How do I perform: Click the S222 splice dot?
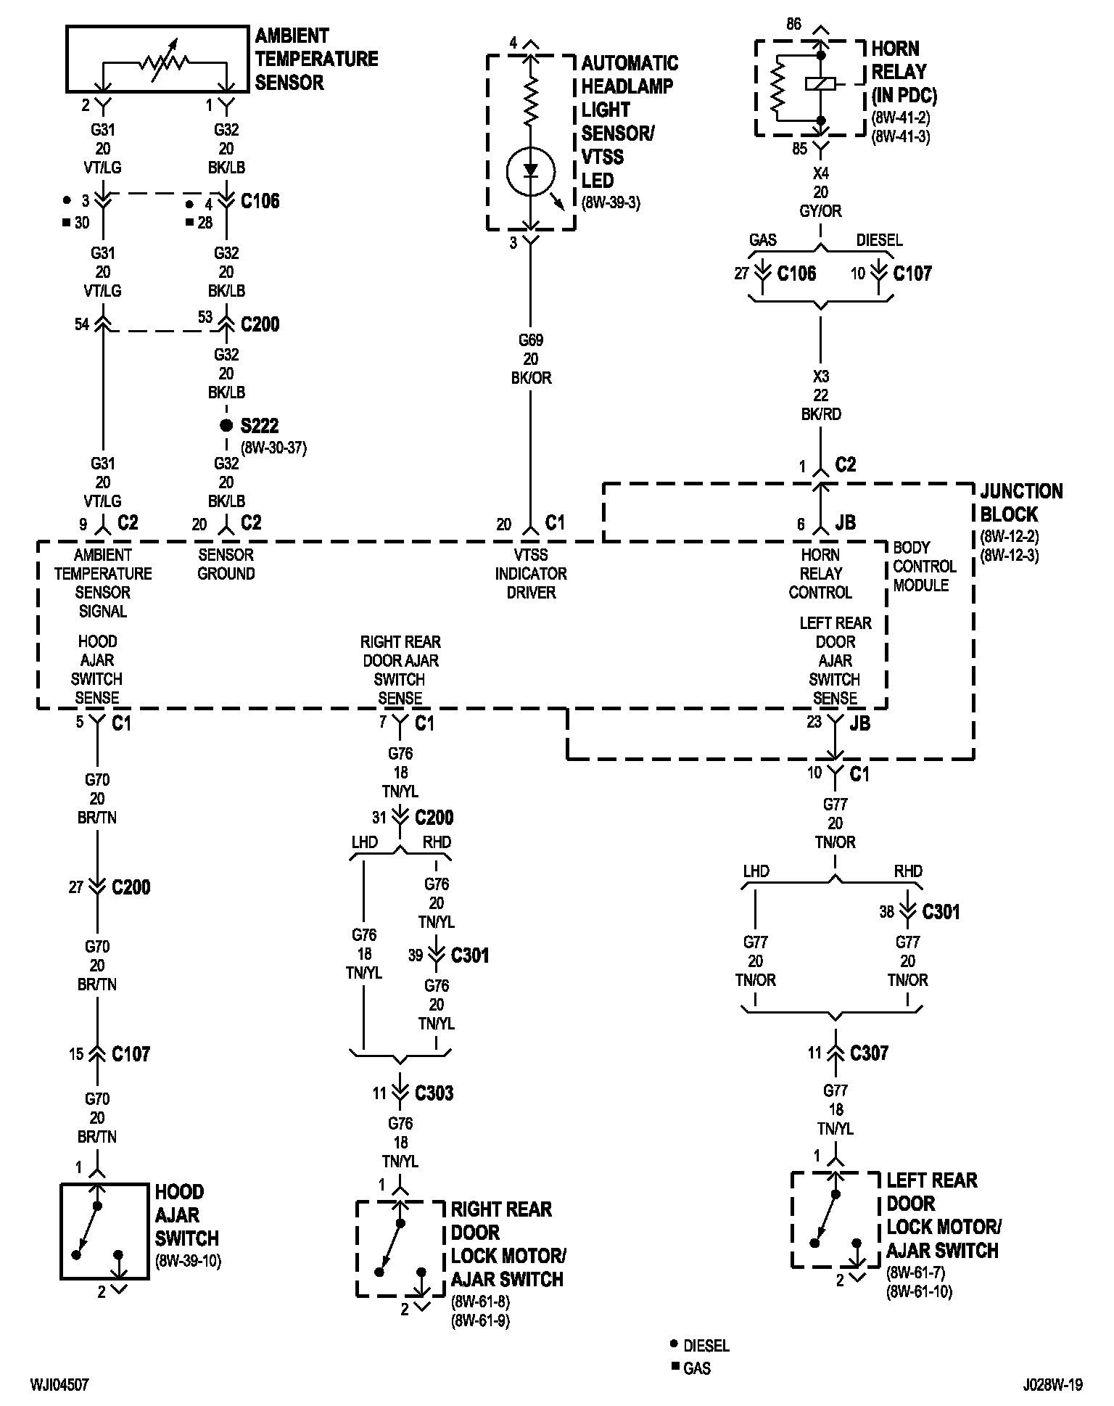[x=226, y=425]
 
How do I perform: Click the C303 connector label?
[x=434, y=1093]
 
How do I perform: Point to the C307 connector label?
[x=869, y=1053]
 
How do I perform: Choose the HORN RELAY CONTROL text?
[x=820, y=574]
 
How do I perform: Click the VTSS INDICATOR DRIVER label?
[x=531, y=574]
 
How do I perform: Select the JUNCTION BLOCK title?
[x=1021, y=503]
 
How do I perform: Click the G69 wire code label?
[x=531, y=340]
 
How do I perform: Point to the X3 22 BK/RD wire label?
[x=821, y=395]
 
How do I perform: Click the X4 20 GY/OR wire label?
[x=821, y=192]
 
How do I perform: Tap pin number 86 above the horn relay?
[x=793, y=25]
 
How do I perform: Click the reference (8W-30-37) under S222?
[x=273, y=448]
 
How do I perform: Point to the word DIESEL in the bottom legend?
[x=706, y=1346]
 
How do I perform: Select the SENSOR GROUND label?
[x=226, y=564]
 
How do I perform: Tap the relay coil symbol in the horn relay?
[x=821, y=84]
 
